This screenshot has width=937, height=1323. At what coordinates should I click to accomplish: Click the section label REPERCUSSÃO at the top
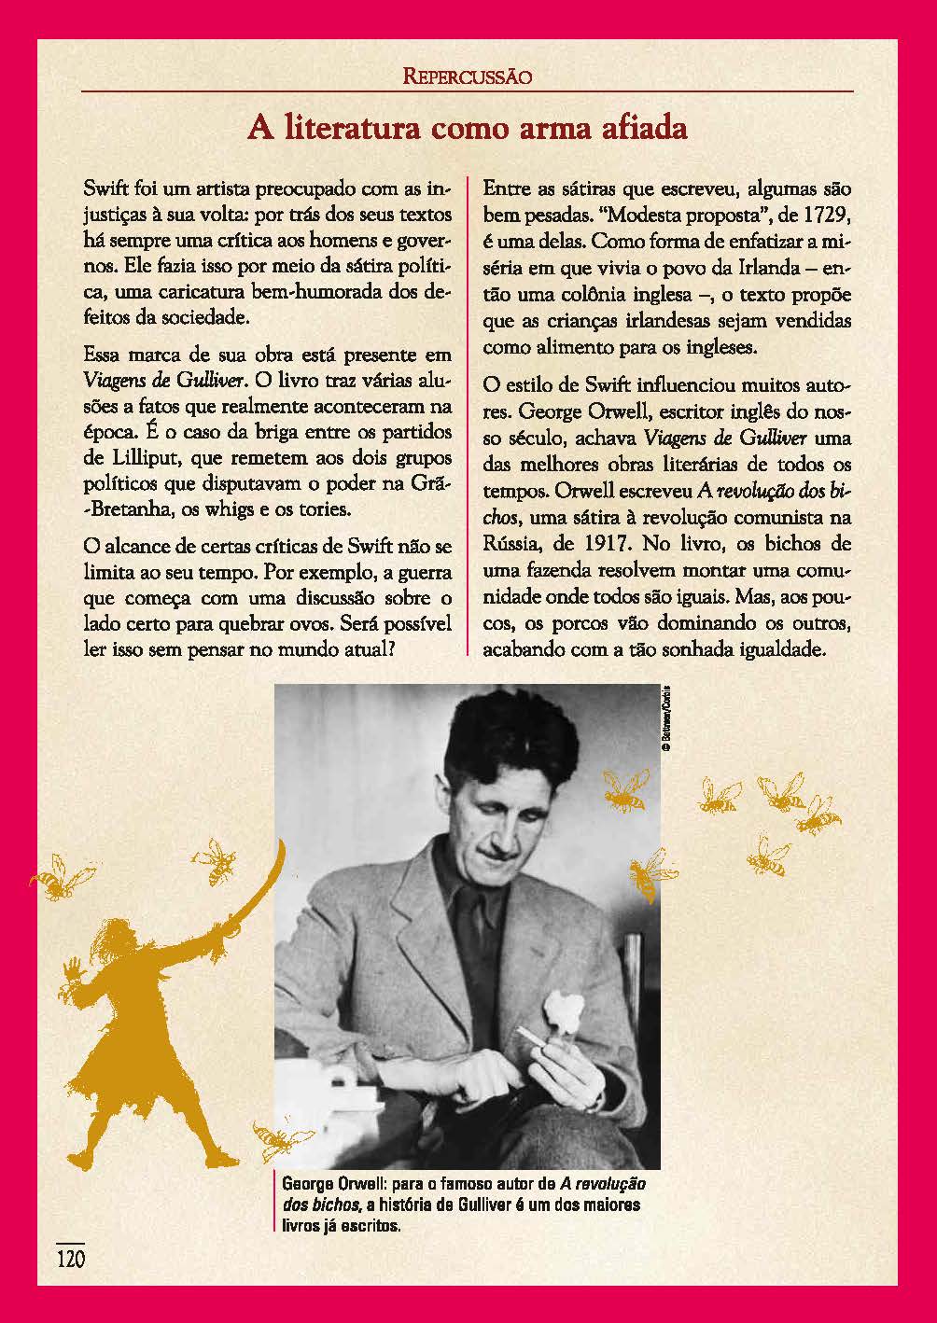click(468, 77)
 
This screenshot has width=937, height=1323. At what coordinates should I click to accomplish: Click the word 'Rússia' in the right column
click(510, 543)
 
